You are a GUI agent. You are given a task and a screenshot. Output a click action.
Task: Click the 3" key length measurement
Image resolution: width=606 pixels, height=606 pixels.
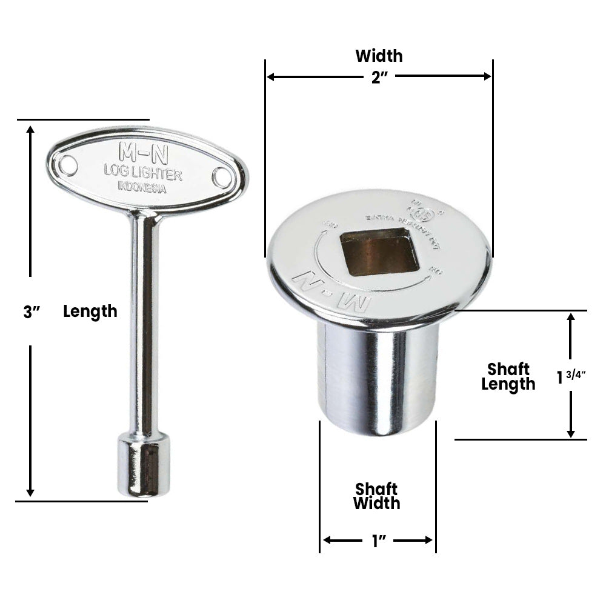(32, 312)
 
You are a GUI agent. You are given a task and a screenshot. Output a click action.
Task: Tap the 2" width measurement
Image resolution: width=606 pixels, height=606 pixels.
(379, 76)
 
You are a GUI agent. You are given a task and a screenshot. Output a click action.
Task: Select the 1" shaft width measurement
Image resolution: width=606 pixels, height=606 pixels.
(379, 540)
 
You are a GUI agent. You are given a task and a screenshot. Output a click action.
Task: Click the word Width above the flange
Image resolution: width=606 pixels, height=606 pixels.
(379, 56)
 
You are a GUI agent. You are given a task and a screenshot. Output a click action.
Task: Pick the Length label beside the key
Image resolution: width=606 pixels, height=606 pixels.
(90, 311)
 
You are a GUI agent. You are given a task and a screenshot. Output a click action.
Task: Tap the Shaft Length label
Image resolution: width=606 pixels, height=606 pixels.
(508, 376)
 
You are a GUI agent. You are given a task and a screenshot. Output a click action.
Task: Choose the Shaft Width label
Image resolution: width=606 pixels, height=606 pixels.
(377, 496)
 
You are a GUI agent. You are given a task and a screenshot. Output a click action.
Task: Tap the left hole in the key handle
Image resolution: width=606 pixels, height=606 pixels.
(68, 165)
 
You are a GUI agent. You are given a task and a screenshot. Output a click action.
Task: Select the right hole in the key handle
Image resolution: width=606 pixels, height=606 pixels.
(222, 177)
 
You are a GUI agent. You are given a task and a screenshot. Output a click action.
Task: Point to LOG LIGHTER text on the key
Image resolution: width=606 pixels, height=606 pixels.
(142, 173)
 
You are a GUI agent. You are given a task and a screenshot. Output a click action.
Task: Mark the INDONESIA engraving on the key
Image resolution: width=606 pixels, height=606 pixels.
(142, 187)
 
